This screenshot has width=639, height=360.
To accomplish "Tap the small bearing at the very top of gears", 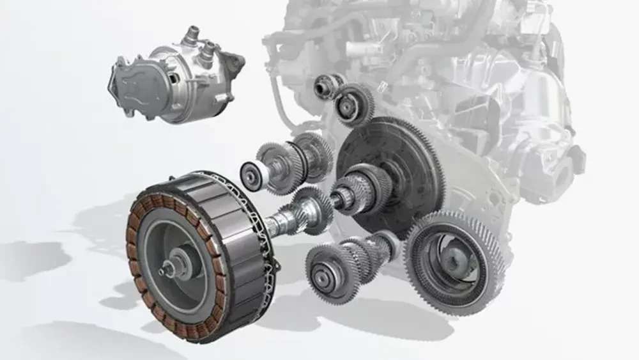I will point(323,84).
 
